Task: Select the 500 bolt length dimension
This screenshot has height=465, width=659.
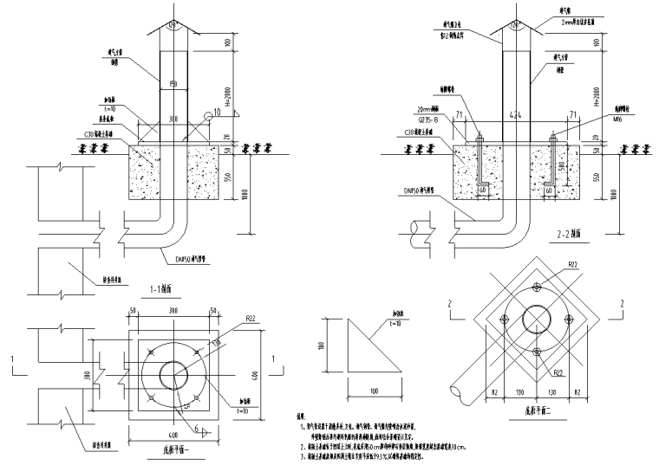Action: tap(563, 164)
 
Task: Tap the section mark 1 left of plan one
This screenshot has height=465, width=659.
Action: tap(12, 357)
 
